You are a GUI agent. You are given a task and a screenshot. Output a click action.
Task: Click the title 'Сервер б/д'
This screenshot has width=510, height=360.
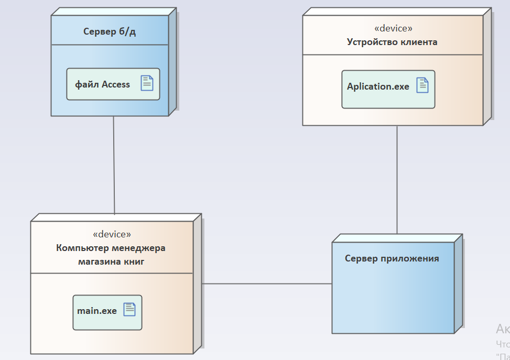[110, 32]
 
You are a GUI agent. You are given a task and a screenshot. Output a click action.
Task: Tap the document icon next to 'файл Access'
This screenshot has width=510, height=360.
[147, 83]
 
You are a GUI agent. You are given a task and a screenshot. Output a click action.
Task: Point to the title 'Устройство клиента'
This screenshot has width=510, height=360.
[392, 42]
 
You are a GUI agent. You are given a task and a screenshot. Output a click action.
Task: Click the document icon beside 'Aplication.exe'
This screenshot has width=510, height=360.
[422, 85]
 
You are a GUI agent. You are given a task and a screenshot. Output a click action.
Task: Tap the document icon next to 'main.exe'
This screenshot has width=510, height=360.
[129, 310]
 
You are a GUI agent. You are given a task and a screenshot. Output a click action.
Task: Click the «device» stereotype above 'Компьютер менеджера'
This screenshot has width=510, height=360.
[112, 234]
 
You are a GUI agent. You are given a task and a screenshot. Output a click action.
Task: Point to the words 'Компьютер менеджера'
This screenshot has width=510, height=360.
[111, 248]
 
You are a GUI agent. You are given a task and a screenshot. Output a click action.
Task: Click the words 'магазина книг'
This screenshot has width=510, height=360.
[111, 261]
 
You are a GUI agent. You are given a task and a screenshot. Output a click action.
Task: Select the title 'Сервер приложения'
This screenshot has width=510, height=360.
[392, 258]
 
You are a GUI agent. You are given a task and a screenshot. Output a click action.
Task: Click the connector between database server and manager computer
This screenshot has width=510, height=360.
[114, 165]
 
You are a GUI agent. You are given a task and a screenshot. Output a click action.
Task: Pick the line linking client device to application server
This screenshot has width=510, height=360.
[397, 181]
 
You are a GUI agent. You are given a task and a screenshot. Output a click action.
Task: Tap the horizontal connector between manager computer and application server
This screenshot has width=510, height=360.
[267, 283]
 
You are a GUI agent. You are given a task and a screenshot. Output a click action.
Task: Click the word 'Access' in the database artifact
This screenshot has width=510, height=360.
[116, 84]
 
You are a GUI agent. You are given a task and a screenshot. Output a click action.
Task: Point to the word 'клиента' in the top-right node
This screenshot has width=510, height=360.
[419, 42]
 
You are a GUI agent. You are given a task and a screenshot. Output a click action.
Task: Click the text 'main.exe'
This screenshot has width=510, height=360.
[97, 311]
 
